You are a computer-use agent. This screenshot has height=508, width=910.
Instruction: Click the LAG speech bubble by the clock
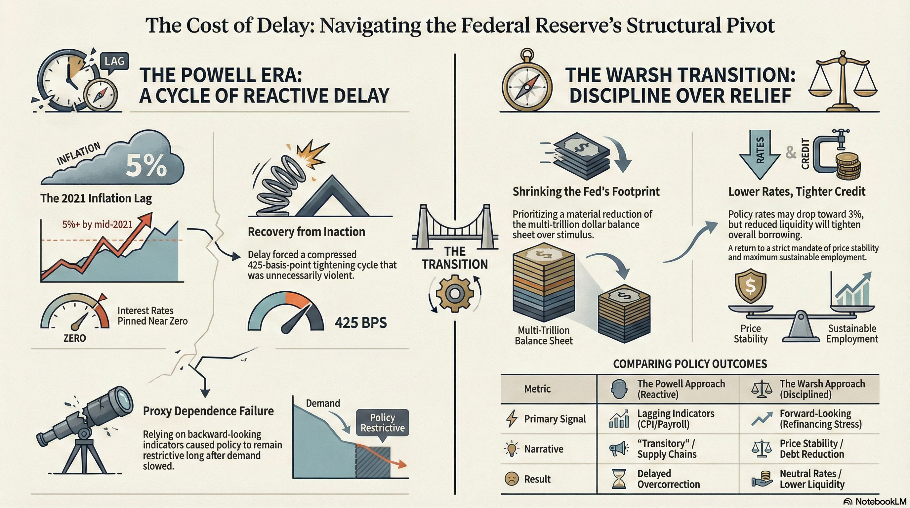pyautogui.click(x=114, y=61)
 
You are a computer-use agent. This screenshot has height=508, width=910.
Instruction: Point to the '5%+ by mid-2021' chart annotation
pyautogui.click(x=97, y=224)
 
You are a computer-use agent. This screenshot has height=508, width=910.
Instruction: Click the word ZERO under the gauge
pyautogui.click(x=74, y=338)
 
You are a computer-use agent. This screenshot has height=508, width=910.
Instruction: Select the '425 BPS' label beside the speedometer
pyautogui.click(x=361, y=322)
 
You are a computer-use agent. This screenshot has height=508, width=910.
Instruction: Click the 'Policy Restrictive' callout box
pyautogui.click(x=382, y=423)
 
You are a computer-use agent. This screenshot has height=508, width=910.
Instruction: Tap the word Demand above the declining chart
pyautogui.click(x=323, y=403)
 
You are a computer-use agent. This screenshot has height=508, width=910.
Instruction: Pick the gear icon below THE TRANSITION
pyautogui.click(x=455, y=293)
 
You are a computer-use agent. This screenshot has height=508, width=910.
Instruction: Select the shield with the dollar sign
pyautogui.click(x=751, y=285)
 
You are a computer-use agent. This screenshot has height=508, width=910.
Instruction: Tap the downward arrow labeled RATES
pyautogui.click(x=760, y=154)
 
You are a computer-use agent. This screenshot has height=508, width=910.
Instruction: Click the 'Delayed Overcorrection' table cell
pyautogui.click(x=668, y=479)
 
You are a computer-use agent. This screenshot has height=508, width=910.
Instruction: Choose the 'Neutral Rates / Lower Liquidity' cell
pyautogui.click(x=812, y=479)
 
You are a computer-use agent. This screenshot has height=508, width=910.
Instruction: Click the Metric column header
pyautogui.click(x=537, y=389)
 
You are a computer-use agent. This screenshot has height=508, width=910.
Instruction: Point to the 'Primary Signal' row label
pyautogui.click(x=555, y=419)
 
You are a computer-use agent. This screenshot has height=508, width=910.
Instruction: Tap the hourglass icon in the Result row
pyautogui.click(x=619, y=479)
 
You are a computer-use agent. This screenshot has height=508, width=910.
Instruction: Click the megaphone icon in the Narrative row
pyautogui.click(x=619, y=449)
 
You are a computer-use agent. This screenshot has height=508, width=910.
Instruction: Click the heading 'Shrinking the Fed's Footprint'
pyautogui.click(x=586, y=191)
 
